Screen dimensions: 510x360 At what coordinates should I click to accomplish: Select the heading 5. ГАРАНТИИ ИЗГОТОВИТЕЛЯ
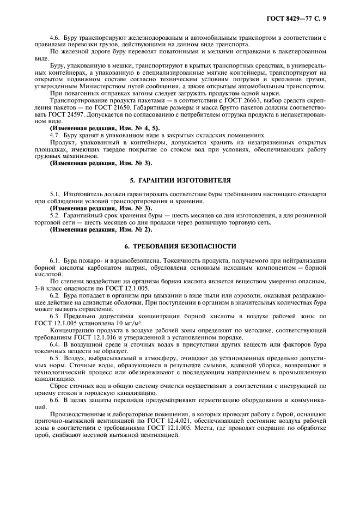(180, 180)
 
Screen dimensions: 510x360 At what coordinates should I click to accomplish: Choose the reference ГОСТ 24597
(85, 115)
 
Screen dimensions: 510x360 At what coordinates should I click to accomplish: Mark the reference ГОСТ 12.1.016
(87, 338)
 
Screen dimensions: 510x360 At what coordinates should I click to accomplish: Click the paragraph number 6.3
(55, 317)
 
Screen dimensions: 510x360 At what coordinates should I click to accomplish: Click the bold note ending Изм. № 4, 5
(97, 127)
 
